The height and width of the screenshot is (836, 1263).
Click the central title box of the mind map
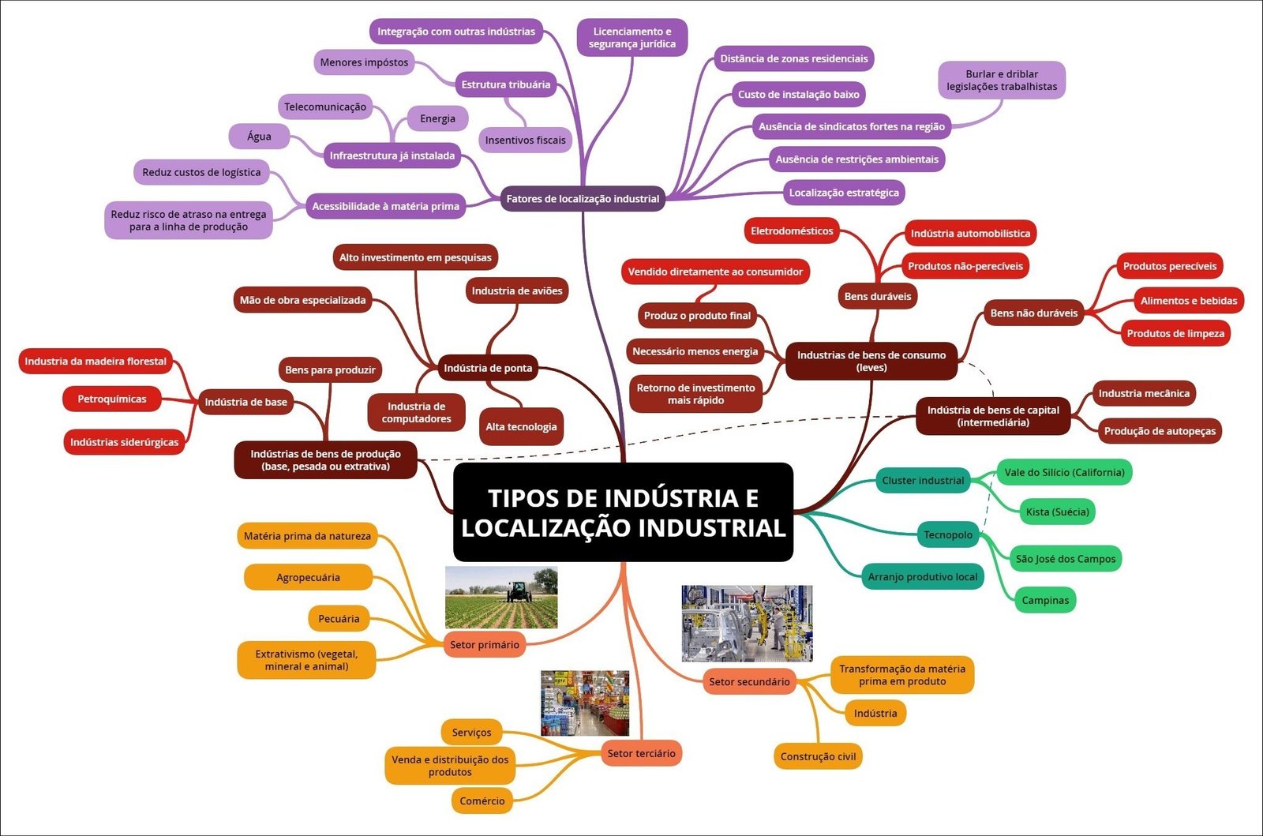[x=623, y=512]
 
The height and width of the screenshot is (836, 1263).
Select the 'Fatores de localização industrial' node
[x=583, y=199]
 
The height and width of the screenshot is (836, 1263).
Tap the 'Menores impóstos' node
[x=364, y=62]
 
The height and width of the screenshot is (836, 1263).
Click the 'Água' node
[x=259, y=137]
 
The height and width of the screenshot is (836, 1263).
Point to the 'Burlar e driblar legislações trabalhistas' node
[x=1001, y=81]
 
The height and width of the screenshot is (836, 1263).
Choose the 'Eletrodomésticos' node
[x=792, y=231]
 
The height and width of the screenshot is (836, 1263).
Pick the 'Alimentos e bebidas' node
[x=1188, y=301]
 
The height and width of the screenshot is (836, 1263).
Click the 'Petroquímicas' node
[x=112, y=399]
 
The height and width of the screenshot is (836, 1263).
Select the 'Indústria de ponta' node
[x=488, y=368]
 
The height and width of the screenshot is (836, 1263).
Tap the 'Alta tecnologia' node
[x=521, y=427]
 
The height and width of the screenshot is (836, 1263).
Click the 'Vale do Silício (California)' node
[x=1064, y=473]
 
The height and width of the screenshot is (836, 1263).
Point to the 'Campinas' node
[x=1045, y=601]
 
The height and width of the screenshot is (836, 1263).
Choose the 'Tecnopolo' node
[x=948, y=535]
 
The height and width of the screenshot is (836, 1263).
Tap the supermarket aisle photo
[x=585, y=703]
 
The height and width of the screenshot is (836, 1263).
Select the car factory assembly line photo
[x=747, y=623]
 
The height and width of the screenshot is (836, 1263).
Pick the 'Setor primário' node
[x=485, y=645]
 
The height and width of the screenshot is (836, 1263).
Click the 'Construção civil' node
[x=818, y=756]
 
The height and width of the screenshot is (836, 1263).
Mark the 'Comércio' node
[x=482, y=801]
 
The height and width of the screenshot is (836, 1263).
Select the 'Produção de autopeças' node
[x=1160, y=431]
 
